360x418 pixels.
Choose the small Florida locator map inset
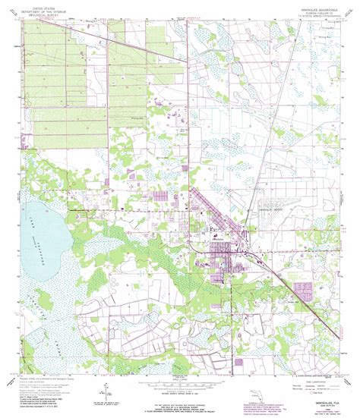pos(257,392)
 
